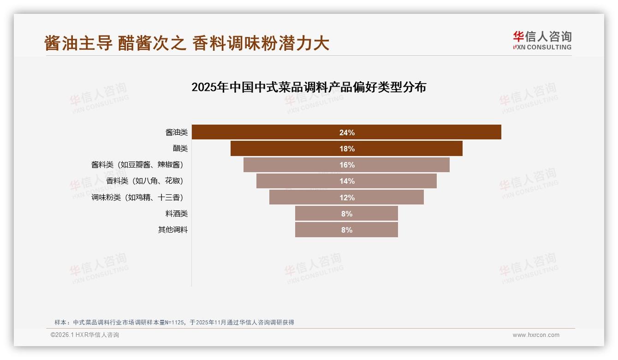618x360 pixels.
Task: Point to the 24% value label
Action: [347, 132]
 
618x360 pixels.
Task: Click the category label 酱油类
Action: [177, 132]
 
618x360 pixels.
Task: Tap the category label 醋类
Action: [180, 149]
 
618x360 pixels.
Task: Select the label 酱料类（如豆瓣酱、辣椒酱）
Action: [140, 165]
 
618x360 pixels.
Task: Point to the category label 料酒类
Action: [177, 214]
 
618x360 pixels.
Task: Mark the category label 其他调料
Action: [173, 230]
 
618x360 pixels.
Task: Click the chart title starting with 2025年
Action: [309, 87]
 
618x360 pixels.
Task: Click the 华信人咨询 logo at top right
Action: [542, 41]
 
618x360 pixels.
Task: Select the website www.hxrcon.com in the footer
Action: [536, 335]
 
